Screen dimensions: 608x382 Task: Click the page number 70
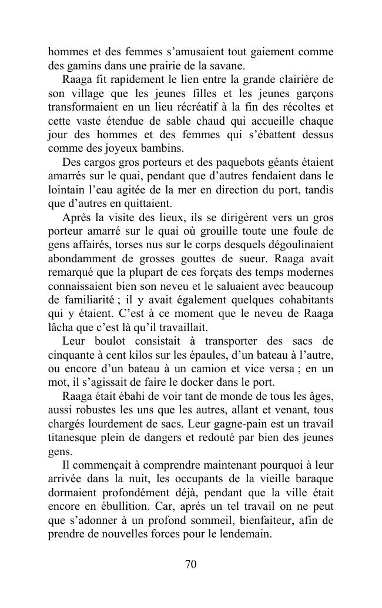coord(190,564)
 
